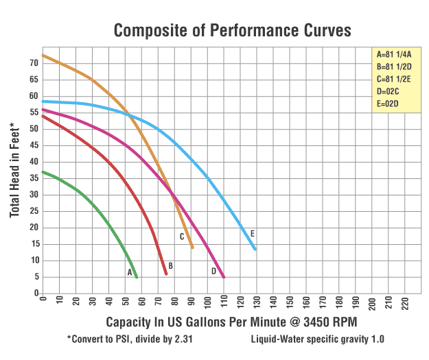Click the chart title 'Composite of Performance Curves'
point(232,30)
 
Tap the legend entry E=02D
point(388,104)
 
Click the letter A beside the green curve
point(129,272)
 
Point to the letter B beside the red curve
point(170,265)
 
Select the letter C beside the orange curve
point(182,237)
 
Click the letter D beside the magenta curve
point(214,271)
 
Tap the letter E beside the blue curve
point(253,234)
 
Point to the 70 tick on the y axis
point(32,62)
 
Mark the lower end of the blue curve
point(255,249)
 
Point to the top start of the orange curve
point(43,56)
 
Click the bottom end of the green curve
point(137,277)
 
